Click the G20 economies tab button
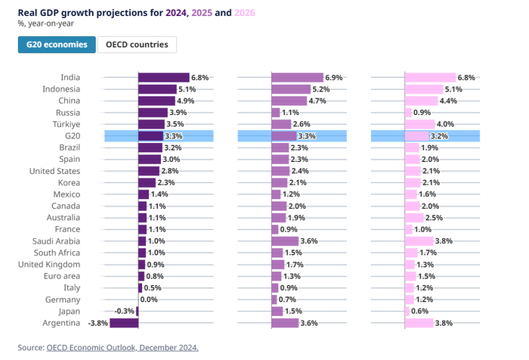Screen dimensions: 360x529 tap(57, 45)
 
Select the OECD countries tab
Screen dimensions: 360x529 tap(137, 45)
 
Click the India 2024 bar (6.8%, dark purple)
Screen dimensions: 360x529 tap(163, 77)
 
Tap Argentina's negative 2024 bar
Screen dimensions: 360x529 tap(124, 323)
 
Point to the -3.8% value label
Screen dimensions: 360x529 tap(97, 323)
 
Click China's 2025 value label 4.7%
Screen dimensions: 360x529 tap(319, 101)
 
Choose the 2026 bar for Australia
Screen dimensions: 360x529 tap(415, 218)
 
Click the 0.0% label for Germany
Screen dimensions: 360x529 tap(149, 299)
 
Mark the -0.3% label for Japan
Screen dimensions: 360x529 tap(125, 312)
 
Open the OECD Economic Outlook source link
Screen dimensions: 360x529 tap(122, 348)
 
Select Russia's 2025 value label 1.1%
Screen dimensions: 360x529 tap(291, 113)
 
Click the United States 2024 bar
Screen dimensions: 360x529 tap(148, 171)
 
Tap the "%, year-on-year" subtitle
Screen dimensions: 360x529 tap(46, 23)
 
